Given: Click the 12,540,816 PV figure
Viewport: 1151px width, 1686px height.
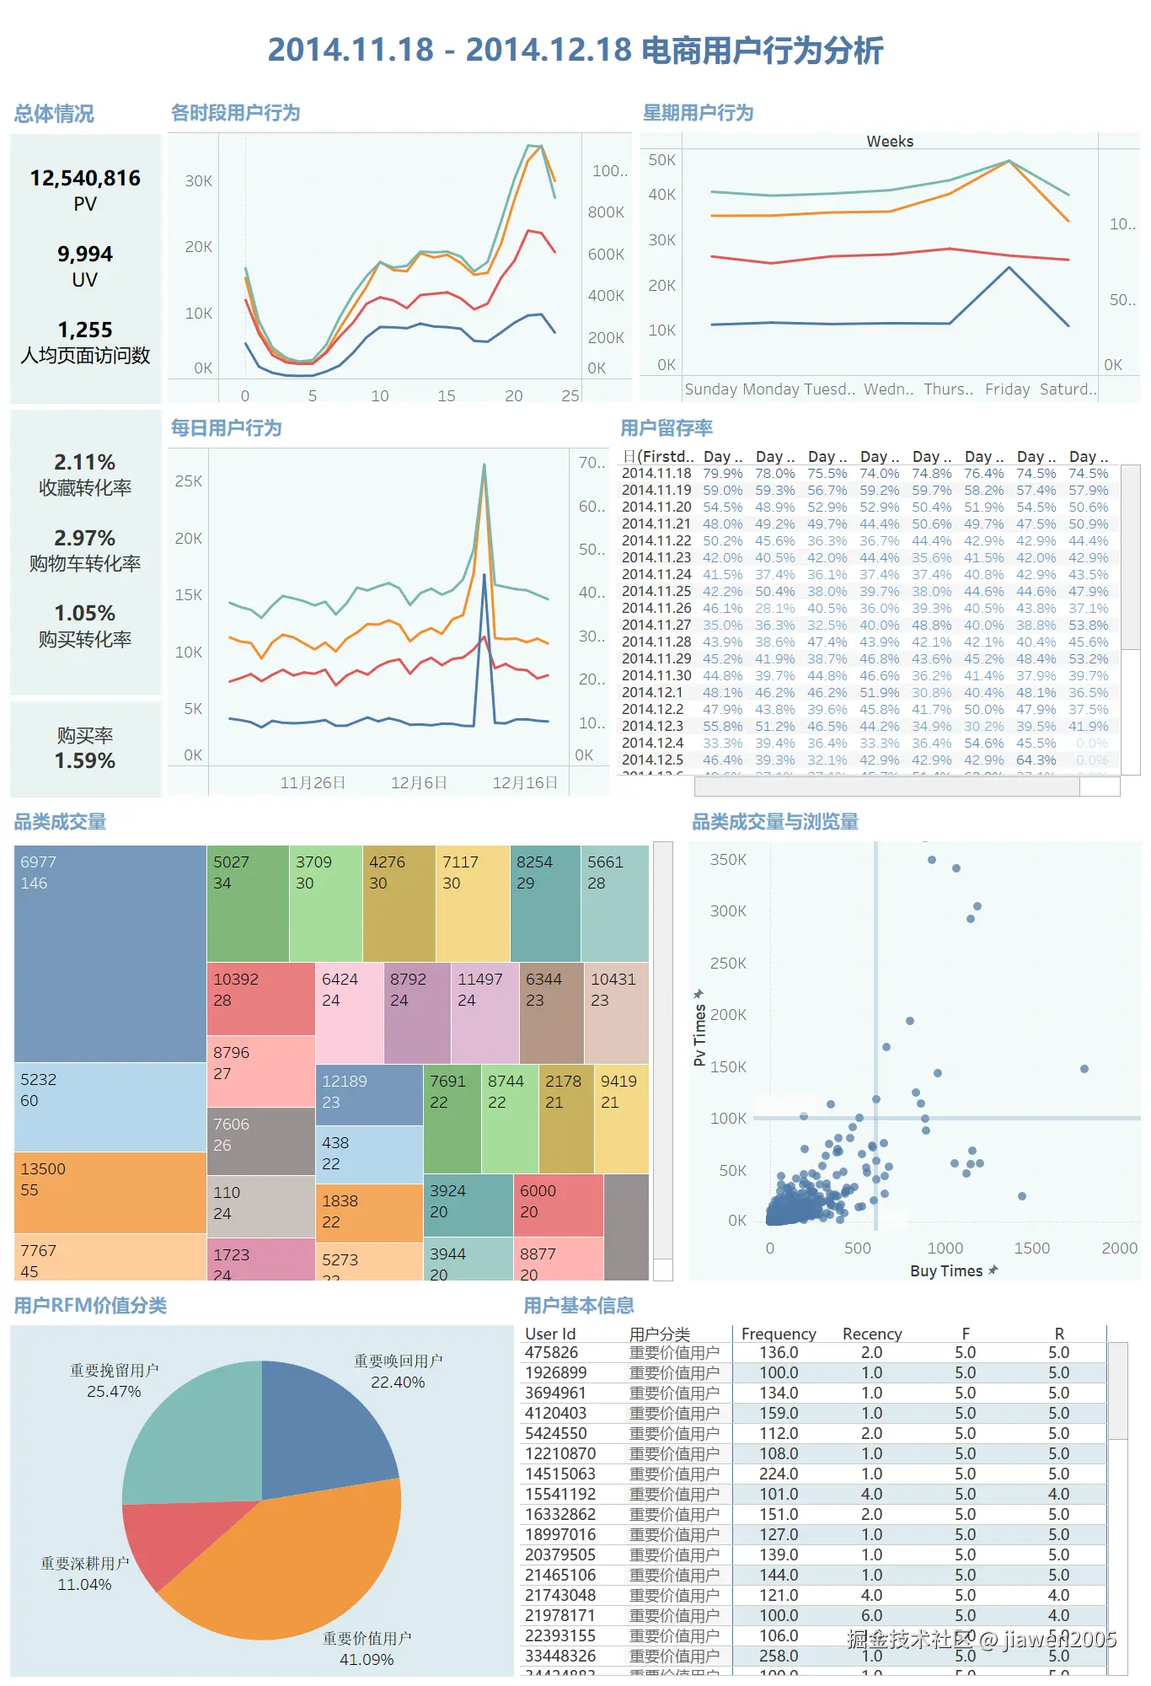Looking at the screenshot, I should [x=85, y=179].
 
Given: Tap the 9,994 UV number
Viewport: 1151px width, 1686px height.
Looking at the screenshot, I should [x=85, y=255].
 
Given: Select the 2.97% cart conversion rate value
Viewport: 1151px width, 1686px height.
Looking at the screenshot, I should [x=85, y=538].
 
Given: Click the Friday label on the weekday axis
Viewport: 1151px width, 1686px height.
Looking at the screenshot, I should [x=1007, y=389].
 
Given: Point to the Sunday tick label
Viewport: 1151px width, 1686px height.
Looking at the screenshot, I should [x=710, y=389].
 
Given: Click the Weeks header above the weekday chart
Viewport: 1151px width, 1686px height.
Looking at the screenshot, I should [x=890, y=142].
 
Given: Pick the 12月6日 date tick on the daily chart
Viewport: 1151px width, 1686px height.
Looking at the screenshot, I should [x=419, y=783].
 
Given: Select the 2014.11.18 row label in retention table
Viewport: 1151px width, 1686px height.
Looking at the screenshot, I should [x=656, y=474].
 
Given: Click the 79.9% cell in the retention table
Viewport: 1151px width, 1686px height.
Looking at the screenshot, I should [x=722, y=474].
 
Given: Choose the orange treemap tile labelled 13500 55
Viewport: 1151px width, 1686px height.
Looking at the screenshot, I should [x=110, y=1192].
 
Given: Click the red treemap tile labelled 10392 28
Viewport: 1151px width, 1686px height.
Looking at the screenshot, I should [x=260, y=999].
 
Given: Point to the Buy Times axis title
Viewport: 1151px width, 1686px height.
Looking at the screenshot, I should [x=946, y=1271].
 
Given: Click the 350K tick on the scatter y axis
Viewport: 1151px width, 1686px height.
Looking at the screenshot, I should [x=728, y=860].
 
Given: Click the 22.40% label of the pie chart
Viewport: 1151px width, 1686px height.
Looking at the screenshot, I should [x=398, y=1383].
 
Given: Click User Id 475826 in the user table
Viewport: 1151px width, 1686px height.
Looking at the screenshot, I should [x=552, y=1353].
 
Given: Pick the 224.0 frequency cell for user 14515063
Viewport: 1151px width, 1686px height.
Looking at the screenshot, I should [x=779, y=1474].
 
